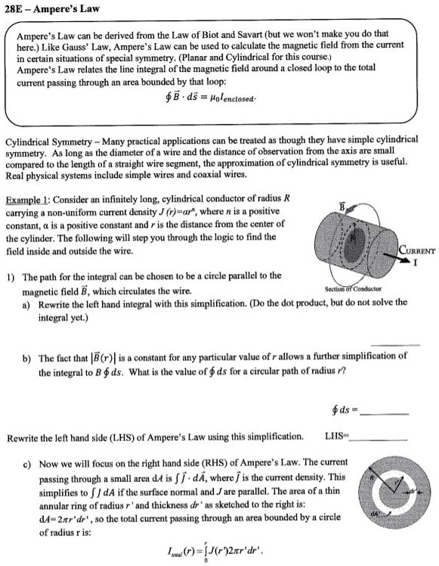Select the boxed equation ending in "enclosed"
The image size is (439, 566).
pos(217,99)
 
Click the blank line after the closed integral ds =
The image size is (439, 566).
pos(386,415)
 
